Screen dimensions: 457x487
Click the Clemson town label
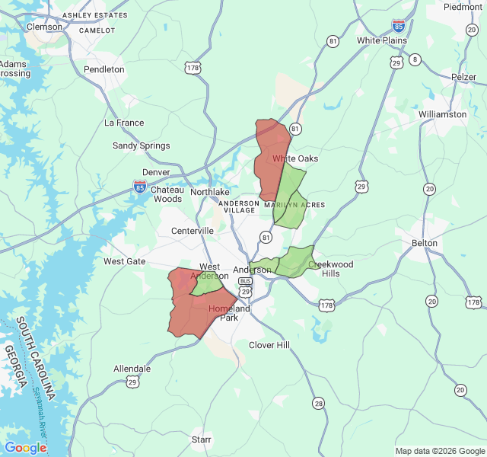tap(44, 27)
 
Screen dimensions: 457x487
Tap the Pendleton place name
tap(103, 69)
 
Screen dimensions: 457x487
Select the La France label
tap(124, 123)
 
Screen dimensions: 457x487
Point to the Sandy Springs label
tap(142, 145)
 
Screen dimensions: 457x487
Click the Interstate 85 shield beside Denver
tap(140, 186)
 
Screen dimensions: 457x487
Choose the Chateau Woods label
tap(167, 194)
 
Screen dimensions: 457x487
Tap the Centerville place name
tap(193, 231)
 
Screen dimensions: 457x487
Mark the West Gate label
tap(125, 261)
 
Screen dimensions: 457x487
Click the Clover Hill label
tap(269, 345)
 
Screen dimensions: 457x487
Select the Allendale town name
tap(132, 369)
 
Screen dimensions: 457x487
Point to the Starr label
tap(202, 439)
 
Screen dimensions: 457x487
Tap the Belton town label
tap(425, 243)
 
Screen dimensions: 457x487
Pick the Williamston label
tap(442, 114)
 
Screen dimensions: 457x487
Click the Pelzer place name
tap(463, 77)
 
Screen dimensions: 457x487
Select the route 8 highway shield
tap(415, 59)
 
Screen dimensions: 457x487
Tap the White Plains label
tap(382, 40)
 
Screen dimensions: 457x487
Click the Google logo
tap(25, 448)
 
